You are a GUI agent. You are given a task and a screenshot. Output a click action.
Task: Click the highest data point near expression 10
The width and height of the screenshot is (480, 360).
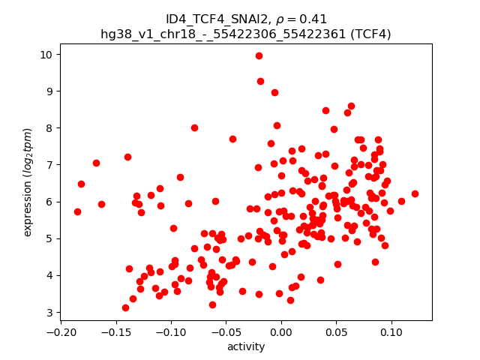[x=259, y=55]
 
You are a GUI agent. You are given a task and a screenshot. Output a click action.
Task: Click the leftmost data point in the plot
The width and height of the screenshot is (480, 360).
[x=77, y=211]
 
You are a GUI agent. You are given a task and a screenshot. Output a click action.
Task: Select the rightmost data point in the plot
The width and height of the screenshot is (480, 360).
[x=415, y=193]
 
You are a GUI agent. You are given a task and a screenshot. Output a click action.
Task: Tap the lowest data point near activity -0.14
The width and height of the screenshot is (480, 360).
[x=125, y=307]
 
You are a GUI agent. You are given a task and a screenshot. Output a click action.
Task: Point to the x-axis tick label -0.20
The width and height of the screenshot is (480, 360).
[x=60, y=332]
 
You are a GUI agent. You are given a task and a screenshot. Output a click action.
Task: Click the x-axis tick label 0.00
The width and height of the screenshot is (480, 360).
[x=280, y=332]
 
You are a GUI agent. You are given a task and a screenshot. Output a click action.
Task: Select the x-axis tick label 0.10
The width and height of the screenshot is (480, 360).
[x=391, y=332]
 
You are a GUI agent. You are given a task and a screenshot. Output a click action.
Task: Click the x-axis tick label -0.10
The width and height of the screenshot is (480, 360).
[x=170, y=332]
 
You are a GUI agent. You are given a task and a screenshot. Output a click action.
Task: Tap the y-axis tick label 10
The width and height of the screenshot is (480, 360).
[x=46, y=55]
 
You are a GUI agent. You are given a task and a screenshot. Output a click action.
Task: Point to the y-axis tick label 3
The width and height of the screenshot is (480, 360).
[x=49, y=312]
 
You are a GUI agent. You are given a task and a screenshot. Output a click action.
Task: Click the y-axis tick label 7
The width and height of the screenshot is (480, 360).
[x=49, y=165]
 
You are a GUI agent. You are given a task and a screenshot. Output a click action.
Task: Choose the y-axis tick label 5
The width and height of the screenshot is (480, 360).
[x=49, y=238]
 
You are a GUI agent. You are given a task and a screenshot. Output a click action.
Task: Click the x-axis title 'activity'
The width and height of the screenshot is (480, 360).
[x=246, y=346]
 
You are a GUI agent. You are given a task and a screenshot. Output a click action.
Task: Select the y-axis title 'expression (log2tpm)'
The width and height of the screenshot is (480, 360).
[x=28, y=182]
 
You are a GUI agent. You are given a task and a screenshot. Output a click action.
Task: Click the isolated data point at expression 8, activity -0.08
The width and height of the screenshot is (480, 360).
[x=194, y=127]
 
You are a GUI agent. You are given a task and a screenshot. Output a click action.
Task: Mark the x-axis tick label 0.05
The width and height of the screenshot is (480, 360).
[x=336, y=332]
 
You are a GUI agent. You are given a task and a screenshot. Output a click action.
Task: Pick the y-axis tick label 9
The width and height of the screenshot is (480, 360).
[x=49, y=91]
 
